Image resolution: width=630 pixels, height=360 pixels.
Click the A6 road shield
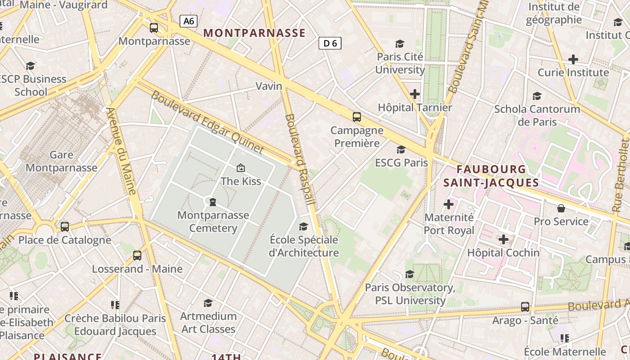tap(189, 21)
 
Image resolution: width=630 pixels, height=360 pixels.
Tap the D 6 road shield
tap(330, 43)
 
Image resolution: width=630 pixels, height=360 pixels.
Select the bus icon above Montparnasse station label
tap(154, 28)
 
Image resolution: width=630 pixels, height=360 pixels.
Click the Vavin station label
tap(269, 86)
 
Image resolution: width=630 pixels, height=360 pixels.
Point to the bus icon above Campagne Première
tap(357, 117)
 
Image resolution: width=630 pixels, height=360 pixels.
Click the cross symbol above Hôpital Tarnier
tap(415, 94)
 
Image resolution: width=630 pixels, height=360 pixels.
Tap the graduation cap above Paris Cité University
tap(400, 44)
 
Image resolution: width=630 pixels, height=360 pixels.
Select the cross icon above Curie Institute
tap(573, 59)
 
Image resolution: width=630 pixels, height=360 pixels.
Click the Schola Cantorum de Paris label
tap(537, 115)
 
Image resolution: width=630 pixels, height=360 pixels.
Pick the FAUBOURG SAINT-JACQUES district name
tap(491, 176)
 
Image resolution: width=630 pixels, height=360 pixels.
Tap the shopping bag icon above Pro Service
tap(561, 208)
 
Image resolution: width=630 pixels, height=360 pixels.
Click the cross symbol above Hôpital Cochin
tap(503, 239)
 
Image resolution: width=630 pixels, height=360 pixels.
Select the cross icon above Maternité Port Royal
tap(449, 204)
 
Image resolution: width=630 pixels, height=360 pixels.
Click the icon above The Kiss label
tap(241, 168)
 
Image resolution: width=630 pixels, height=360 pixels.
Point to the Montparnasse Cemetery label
tap(213, 221)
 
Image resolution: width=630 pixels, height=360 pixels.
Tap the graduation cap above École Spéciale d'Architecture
tap(304, 226)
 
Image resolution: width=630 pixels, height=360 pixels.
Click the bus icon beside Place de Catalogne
tap(65, 226)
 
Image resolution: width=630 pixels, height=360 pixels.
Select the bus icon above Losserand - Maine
tap(137, 256)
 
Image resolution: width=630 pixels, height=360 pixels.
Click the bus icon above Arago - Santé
tap(525, 307)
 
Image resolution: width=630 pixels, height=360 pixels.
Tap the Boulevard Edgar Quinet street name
tap(207, 121)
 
